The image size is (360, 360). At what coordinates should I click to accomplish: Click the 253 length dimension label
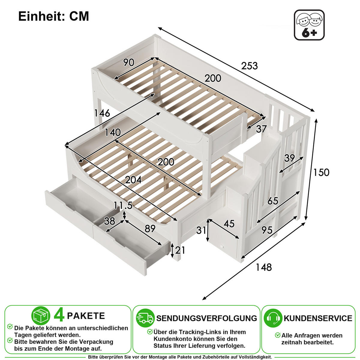[249, 66]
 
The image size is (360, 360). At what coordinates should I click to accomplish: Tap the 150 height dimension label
[321, 172]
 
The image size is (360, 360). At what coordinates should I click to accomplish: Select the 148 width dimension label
[264, 267]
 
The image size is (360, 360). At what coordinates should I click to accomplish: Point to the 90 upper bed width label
[129, 62]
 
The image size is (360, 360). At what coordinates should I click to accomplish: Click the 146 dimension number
[102, 113]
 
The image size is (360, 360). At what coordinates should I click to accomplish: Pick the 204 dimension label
[133, 180]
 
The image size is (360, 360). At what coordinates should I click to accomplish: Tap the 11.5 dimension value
[123, 205]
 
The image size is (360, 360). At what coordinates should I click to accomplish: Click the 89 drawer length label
[150, 229]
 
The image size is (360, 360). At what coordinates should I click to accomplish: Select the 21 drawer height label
[180, 250]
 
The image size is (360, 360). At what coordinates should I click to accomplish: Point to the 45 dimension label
[229, 223]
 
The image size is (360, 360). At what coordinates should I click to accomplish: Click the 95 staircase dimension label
[267, 230]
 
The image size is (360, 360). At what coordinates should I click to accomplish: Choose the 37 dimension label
[261, 129]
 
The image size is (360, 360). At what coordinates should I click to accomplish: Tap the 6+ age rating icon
[309, 25]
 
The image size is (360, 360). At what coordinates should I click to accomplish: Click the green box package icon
[41, 316]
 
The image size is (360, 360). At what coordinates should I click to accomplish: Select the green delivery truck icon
[145, 318]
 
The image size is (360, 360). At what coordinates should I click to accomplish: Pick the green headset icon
[273, 318]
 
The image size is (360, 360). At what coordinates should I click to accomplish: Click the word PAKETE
[86, 316]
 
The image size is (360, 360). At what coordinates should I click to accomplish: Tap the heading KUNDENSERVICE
[318, 318]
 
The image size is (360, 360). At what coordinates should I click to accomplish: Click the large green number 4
[59, 316]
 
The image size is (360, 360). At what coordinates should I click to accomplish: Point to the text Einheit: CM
[54, 16]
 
